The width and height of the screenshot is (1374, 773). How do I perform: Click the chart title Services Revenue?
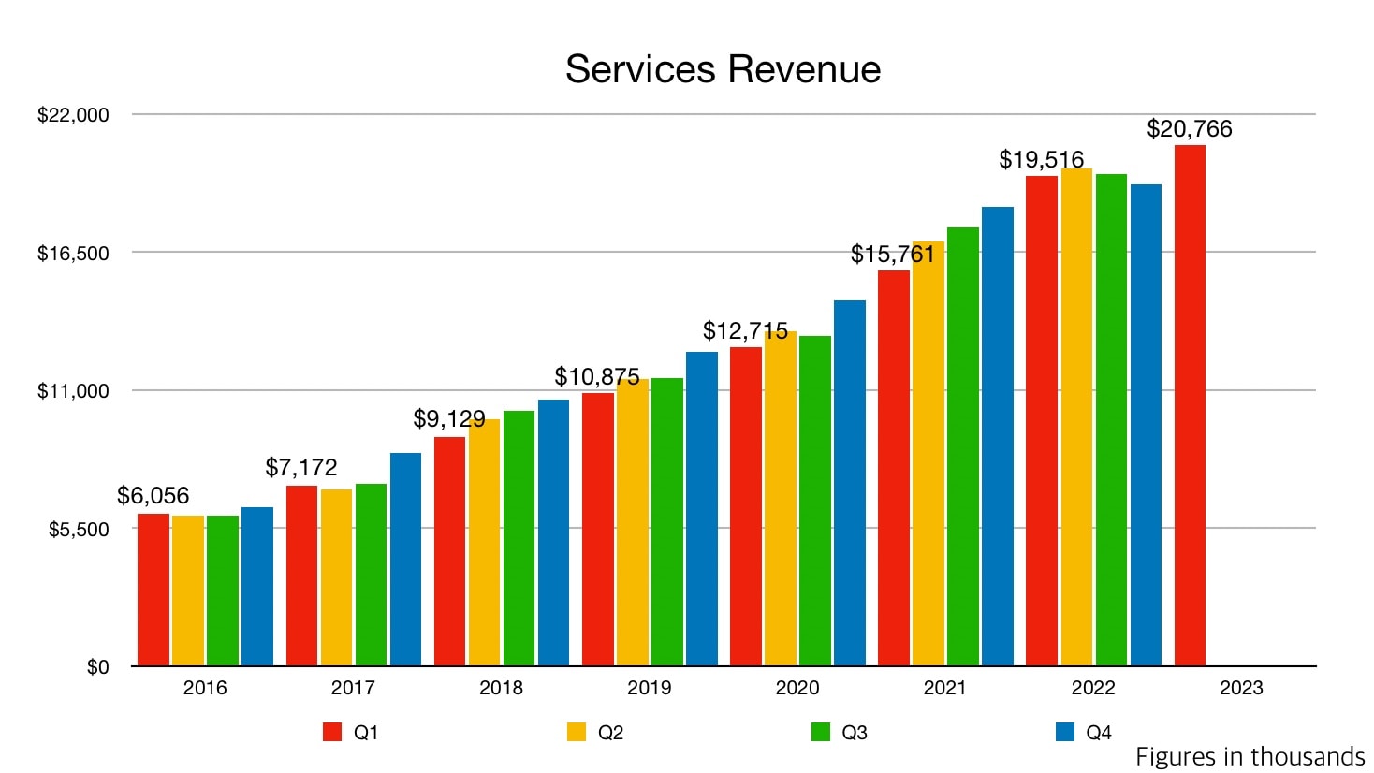point(723,69)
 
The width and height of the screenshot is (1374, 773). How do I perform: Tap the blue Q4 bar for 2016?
point(257,587)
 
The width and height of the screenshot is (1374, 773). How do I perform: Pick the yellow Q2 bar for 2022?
point(1076,417)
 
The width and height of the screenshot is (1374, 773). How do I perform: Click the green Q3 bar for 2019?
point(667,522)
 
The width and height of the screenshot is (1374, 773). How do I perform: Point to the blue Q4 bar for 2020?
point(850,483)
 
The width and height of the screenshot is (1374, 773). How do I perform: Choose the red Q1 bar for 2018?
point(449,551)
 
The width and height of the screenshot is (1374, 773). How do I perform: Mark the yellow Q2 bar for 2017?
point(336,577)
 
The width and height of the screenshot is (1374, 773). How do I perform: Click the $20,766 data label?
point(1190,128)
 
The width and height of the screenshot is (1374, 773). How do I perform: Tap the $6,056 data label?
point(153,495)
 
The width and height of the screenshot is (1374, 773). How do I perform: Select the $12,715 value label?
point(745,330)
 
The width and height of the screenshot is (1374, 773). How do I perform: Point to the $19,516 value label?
point(1041,159)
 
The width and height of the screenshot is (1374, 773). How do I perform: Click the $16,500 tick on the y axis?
point(73,253)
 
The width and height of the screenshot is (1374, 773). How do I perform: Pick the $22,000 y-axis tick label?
point(73,115)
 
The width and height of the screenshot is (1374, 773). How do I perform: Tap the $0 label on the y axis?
point(97,667)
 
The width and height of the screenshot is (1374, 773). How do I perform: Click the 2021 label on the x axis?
point(944,688)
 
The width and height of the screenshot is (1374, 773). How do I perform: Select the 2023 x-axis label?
point(1241,688)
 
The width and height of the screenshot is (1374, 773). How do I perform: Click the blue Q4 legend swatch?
point(1065,732)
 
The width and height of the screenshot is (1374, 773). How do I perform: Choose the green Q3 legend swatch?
point(821,732)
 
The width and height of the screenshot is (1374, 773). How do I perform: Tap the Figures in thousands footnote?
point(1250,756)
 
